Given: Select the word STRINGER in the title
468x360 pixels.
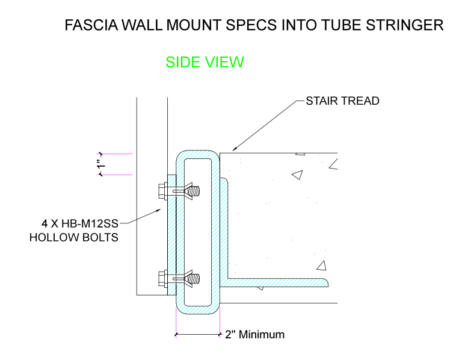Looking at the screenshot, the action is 405,25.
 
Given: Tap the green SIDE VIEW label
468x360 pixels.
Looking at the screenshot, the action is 205,62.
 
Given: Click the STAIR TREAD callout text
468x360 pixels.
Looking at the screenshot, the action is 343,101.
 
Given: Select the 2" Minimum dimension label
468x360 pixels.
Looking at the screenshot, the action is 254,335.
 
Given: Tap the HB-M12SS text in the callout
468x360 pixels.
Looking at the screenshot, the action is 90,223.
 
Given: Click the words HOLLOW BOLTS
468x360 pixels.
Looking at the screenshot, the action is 74,238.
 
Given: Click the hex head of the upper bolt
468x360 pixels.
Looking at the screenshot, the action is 162,191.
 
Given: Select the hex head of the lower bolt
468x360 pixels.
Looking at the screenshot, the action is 162,279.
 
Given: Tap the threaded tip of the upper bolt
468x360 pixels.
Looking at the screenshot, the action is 195,191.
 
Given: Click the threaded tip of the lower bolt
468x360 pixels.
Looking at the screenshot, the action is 195,279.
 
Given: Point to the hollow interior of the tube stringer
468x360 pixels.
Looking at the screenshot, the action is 198,232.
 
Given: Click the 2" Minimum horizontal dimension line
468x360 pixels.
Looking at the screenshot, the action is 198,334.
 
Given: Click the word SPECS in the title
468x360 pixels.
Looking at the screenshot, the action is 251,25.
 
